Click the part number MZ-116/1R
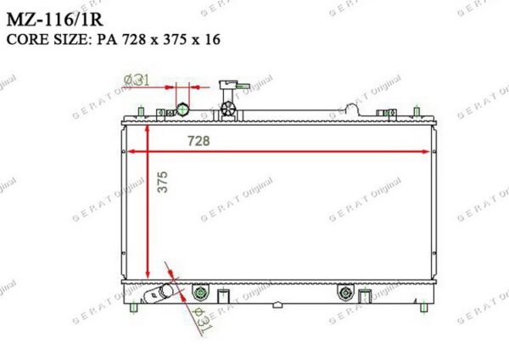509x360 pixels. pyautogui.click(x=54, y=20)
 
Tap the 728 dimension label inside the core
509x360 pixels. pyautogui.click(x=199, y=141)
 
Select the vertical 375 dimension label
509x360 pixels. pyautogui.click(x=163, y=182)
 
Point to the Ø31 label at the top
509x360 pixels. pyautogui.click(x=137, y=80)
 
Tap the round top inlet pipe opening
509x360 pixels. pyautogui.click(x=182, y=109)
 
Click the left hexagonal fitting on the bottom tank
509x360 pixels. pyautogui.click(x=200, y=293)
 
